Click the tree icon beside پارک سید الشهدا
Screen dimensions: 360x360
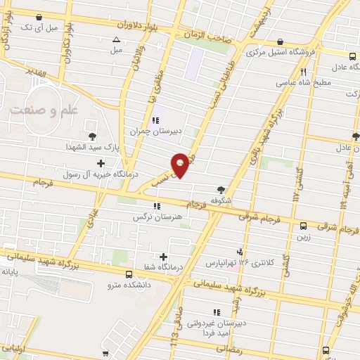pyautogui.click(x=91, y=137)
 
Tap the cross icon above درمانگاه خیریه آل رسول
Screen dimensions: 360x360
pyautogui.click(x=102, y=163)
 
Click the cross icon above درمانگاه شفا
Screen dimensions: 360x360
pyautogui.click(x=164, y=257)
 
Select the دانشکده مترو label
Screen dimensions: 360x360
pyautogui.click(x=129, y=285)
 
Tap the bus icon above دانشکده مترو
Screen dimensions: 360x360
pyautogui.click(x=129, y=274)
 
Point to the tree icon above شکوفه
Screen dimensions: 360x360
pyautogui.click(x=221, y=189)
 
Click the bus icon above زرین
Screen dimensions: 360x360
pyautogui.click(x=304, y=226)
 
